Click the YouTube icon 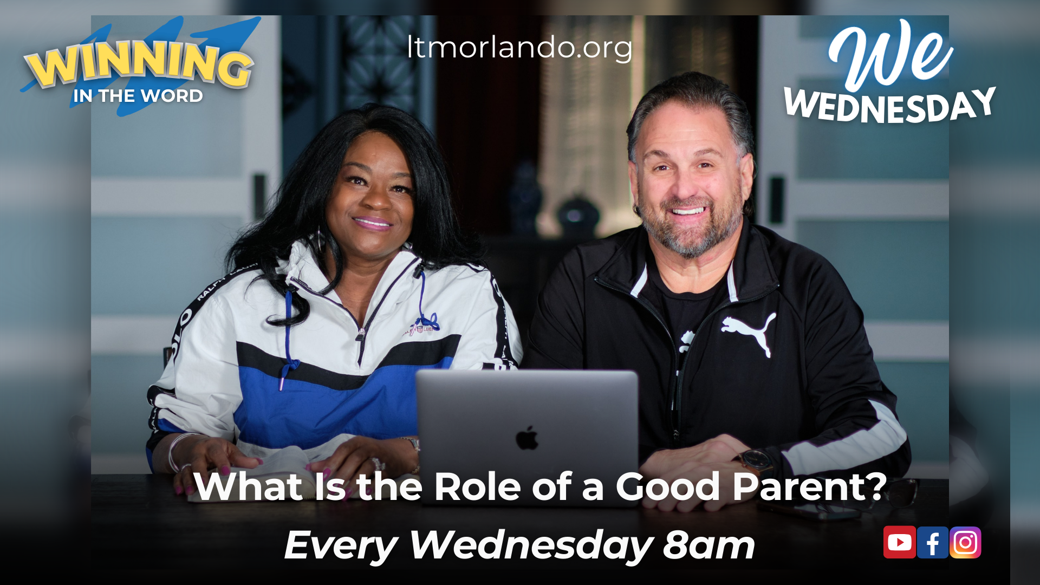[x=900, y=542]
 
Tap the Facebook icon [x=933, y=542]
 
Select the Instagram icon [x=965, y=542]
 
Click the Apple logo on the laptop [x=527, y=438]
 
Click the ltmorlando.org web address [x=519, y=48]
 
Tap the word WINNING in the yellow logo [x=139, y=64]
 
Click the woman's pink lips [x=372, y=222]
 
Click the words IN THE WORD [x=138, y=96]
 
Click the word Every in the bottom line [x=341, y=546]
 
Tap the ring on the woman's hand [x=378, y=463]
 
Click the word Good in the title [x=669, y=486]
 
